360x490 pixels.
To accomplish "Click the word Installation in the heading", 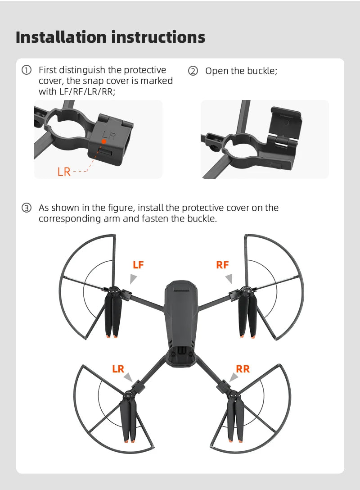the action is point(61,37).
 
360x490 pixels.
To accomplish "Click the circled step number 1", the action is point(27,70).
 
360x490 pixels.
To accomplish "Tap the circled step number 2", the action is point(193,71).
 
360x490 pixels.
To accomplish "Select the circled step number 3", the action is point(27,208).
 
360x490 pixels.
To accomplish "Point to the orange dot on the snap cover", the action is point(103,141).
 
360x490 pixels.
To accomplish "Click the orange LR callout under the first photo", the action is point(64,172).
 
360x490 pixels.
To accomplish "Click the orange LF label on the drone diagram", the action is point(138,265).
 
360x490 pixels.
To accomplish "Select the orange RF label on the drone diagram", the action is point(222,265).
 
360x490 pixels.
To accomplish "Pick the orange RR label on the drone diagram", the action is point(243,369).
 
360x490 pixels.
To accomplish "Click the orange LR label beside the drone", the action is point(118,369).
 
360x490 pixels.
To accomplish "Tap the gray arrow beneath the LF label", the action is point(133,279).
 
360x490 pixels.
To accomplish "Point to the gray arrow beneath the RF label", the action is point(229,279).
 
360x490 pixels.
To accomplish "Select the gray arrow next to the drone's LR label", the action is point(128,377).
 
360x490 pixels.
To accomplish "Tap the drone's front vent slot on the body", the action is point(182,290).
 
